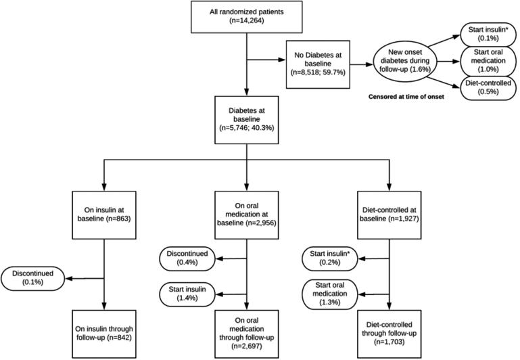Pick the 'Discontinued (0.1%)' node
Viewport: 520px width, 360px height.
(35, 278)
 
